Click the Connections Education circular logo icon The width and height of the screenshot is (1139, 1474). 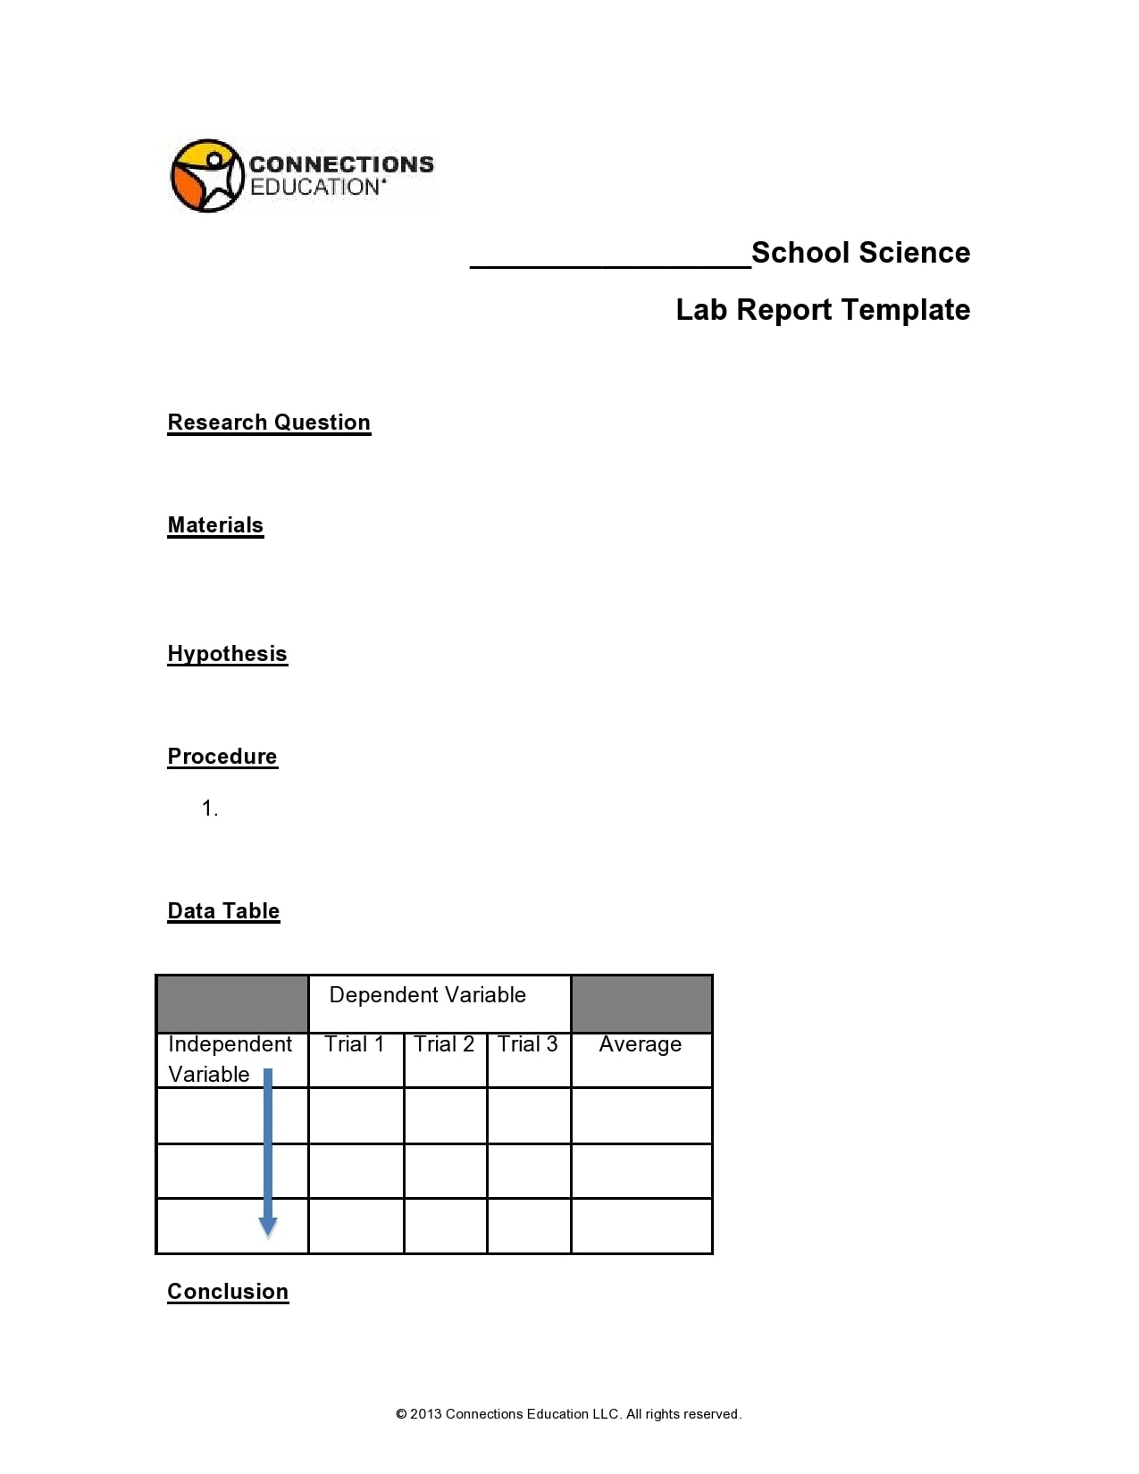click(206, 175)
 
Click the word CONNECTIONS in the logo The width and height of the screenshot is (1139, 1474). click(341, 164)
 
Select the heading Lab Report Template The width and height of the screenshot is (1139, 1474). click(822, 310)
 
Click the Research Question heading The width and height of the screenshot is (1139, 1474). click(269, 423)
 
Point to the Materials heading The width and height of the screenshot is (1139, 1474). click(215, 525)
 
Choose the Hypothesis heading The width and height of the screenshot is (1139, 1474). click(227, 654)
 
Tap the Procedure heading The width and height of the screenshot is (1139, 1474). click(222, 757)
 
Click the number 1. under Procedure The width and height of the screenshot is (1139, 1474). click(210, 809)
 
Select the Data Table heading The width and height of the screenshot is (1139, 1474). click(223, 911)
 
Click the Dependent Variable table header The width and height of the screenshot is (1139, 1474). click(427, 995)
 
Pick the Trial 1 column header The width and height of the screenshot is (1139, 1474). click(354, 1044)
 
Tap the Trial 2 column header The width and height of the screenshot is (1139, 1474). click(444, 1044)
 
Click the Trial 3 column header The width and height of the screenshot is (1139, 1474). click(527, 1044)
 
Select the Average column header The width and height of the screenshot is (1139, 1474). click(640, 1044)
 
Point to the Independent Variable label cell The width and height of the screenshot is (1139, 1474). click(229, 1059)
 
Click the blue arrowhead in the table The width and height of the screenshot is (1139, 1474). click(267, 1227)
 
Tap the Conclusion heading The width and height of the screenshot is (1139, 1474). click(228, 1292)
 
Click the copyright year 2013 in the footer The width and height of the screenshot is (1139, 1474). click(425, 1414)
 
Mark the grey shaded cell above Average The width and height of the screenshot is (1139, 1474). click(641, 1004)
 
